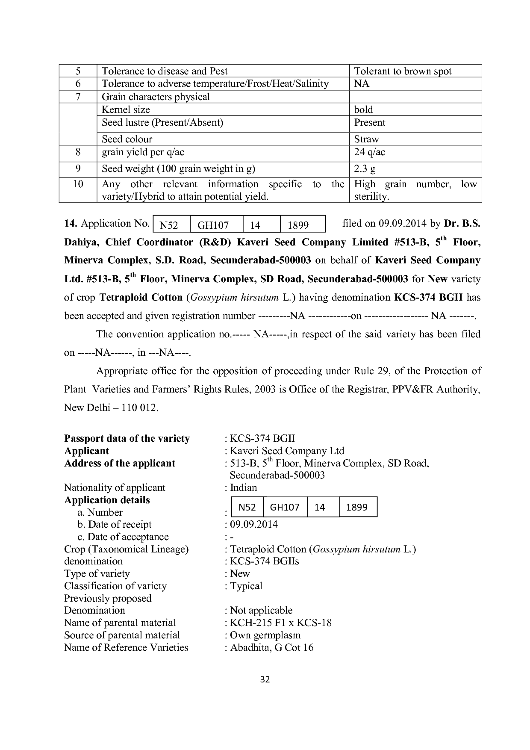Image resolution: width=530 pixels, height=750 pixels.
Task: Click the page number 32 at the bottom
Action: (265, 679)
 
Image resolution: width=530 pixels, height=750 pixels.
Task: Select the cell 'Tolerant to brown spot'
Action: (403, 71)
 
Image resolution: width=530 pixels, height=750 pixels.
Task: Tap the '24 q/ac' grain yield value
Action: (369, 152)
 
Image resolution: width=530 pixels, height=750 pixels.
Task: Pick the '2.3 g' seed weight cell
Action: (365, 169)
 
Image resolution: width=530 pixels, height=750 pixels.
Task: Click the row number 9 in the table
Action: (78, 169)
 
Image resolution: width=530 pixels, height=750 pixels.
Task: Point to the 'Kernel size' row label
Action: (126, 109)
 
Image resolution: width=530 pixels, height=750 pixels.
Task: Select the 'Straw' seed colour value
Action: (366, 139)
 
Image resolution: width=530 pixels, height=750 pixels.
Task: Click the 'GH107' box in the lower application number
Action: (285, 507)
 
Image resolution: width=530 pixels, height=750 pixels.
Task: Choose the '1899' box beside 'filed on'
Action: (298, 225)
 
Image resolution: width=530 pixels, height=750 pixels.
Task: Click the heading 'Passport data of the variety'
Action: (127, 438)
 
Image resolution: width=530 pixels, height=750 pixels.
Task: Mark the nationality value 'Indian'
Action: (243, 487)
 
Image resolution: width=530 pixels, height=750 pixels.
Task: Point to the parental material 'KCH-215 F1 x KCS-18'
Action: (280, 623)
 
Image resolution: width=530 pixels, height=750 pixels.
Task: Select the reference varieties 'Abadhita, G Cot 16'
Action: (271, 647)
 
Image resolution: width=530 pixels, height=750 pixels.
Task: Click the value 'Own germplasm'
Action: (265, 635)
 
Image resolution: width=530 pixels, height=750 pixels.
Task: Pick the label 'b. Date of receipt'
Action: (115, 524)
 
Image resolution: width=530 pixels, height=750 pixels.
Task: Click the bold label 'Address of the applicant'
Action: (120, 463)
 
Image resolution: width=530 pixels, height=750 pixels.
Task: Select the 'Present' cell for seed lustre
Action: (369, 123)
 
